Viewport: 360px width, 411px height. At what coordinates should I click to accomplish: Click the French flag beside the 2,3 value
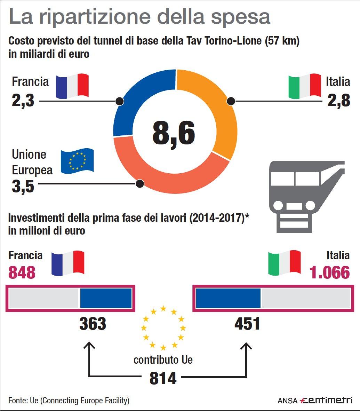pyautogui.click(x=72, y=86)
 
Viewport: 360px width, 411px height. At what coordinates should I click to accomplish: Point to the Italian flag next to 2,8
pyautogui.click(x=305, y=86)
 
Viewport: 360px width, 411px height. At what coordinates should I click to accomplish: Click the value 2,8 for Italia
pyautogui.click(x=338, y=101)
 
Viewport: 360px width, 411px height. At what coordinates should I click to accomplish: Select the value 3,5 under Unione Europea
pyautogui.click(x=23, y=187)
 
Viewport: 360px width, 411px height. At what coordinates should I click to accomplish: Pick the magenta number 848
pyautogui.click(x=22, y=272)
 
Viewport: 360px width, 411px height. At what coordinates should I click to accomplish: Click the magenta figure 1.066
pyautogui.click(x=329, y=272)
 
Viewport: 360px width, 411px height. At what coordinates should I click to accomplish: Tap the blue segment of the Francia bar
pyautogui.click(x=106, y=298)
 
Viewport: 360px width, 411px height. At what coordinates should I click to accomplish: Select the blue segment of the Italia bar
pyautogui.click(x=228, y=298)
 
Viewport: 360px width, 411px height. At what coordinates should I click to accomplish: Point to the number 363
pyautogui.click(x=93, y=324)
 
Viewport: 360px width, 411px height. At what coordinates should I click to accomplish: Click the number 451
pyautogui.click(x=247, y=324)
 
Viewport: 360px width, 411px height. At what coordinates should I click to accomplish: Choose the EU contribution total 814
pyautogui.click(x=163, y=378)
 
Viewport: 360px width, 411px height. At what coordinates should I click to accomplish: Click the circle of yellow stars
pyautogui.click(x=163, y=327)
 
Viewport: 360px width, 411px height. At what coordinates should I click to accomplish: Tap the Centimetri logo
pyautogui.click(x=326, y=400)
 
